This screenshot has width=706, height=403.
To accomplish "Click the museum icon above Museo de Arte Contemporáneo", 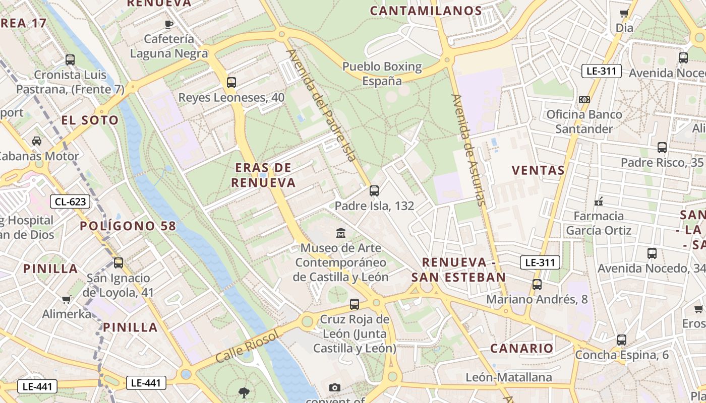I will pyautogui.click(x=341, y=233).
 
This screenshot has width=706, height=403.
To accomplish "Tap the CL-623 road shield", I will pyautogui.click(x=70, y=202).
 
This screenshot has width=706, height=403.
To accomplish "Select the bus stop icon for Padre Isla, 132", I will pyautogui.click(x=374, y=190).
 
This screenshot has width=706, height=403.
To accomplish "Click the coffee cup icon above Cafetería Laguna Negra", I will pyautogui.click(x=169, y=24).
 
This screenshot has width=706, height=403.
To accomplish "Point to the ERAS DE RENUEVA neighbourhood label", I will pyautogui.click(x=263, y=175).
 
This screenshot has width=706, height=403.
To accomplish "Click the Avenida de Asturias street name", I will pyautogui.click(x=469, y=150).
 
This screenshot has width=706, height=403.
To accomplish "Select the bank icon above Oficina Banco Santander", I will pyautogui.click(x=584, y=100).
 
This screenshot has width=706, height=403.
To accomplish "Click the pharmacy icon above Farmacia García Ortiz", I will pyautogui.click(x=599, y=201).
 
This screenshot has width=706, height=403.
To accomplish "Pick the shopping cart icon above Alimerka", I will pyautogui.click(x=66, y=300).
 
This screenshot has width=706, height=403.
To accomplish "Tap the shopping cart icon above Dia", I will pyautogui.click(x=624, y=14).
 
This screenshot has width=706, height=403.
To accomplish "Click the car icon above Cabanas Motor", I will pyautogui.click(x=37, y=141).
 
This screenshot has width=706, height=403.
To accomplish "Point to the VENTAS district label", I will pyautogui.click(x=538, y=170).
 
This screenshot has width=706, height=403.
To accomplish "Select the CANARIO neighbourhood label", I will pyautogui.click(x=521, y=348).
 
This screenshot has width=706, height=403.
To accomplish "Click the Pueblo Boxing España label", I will pyautogui.click(x=382, y=74).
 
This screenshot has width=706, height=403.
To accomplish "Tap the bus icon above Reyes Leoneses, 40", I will pyautogui.click(x=231, y=83).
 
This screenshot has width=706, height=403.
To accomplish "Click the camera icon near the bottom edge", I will pyautogui.click(x=334, y=387).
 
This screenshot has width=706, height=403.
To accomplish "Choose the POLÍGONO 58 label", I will pyautogui.click(x=128, y=226).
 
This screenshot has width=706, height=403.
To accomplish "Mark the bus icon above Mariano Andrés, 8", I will pyautogui.click(x=537, y=284).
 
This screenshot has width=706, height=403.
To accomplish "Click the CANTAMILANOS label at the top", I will pyautogui.click(x=426, y=11).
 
